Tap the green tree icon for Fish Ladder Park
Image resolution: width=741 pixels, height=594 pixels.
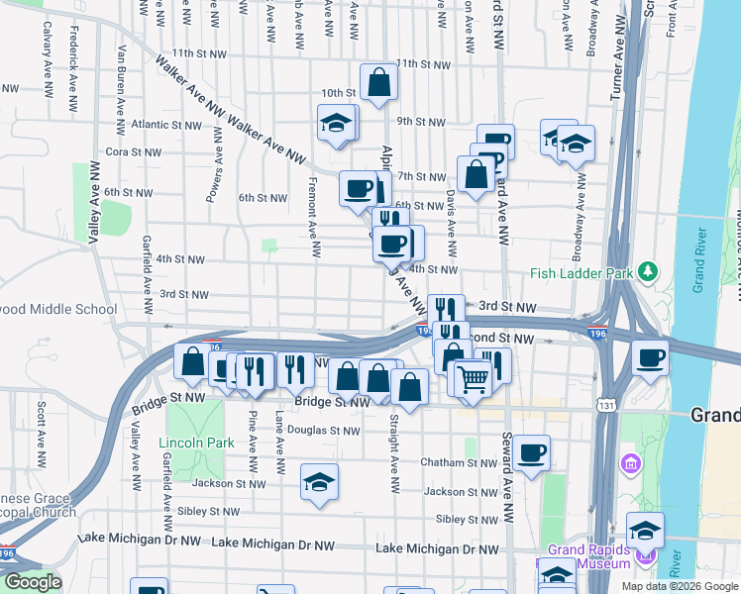click(x=648, y=269)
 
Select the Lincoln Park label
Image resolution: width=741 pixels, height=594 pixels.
click(x=195, y=442)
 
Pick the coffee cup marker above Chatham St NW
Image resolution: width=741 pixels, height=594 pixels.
click(x=531, y=453)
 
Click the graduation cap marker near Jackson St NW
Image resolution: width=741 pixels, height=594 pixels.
click(x=319, y=482)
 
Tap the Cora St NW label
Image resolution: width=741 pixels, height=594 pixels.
click(x=133, y=152)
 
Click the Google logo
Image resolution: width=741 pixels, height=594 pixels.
click(x=34, y=582)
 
